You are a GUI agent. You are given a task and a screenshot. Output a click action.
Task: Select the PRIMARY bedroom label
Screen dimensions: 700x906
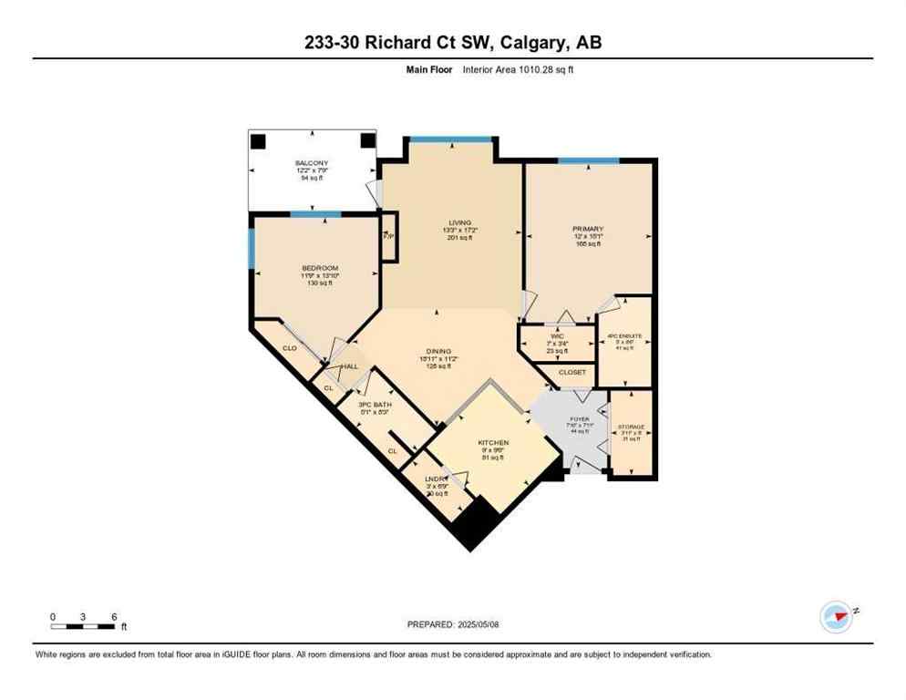pos(588,229)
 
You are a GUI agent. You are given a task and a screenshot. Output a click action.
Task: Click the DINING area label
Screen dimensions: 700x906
pos(439,350)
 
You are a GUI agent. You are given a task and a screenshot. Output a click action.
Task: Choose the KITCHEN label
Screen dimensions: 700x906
pos(493,443)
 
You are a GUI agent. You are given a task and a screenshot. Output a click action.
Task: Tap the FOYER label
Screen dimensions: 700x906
pos(580,418)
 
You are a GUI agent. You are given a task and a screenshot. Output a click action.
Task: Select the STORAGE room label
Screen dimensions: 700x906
pos(633,427)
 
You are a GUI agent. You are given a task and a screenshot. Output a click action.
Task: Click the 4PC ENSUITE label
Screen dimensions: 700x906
pos(624,335)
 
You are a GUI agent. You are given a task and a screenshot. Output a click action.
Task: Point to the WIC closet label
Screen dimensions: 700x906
pos(557,335)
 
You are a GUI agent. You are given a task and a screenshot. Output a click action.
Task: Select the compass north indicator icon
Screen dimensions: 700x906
pos(836,615)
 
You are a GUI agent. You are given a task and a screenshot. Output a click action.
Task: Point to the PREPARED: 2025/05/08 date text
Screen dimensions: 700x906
pos(452,624)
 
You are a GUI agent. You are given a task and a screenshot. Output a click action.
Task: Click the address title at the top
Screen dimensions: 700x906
pos(452,42)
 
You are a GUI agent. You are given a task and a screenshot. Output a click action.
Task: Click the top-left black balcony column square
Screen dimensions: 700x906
pos(258,140)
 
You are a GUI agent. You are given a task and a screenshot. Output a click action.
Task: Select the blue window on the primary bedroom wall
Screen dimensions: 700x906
pos(588,161)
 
